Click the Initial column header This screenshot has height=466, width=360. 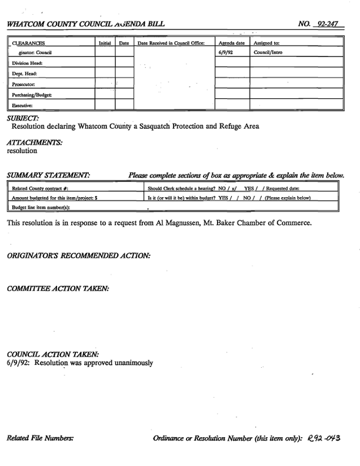104,44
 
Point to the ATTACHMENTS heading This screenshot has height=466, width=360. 34,142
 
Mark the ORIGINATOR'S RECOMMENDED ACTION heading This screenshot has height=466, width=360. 78,255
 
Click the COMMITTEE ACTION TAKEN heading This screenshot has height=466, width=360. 58,288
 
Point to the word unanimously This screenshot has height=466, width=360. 131,362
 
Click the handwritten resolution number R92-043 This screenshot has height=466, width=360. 324,438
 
